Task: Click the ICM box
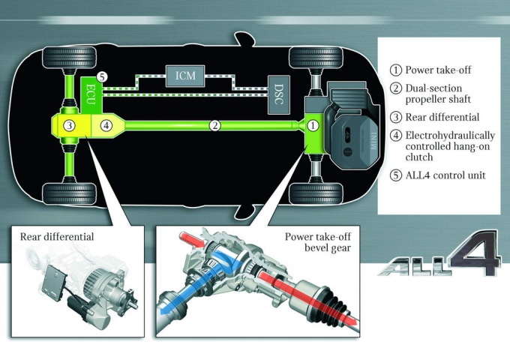(185, 76)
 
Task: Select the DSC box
(279, 94)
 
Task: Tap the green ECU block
(91, 95)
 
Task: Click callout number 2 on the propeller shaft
(214, 125)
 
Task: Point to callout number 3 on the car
(69, 125)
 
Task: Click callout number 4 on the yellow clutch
(106, 125)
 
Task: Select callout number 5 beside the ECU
(102, 77)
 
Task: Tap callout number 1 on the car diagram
(313, 125)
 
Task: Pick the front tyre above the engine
(316, 58)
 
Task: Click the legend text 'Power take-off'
(438, 70)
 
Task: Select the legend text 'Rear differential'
(442, 117)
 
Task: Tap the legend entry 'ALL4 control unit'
(445, 175)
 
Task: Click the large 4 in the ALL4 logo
(473, 253)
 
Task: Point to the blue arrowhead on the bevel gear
(165, 310)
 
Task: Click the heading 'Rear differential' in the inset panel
(57, 236)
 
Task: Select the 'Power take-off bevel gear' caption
(318, 242)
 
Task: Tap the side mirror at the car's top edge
(244, 39)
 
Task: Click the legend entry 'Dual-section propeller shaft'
(438, 94)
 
